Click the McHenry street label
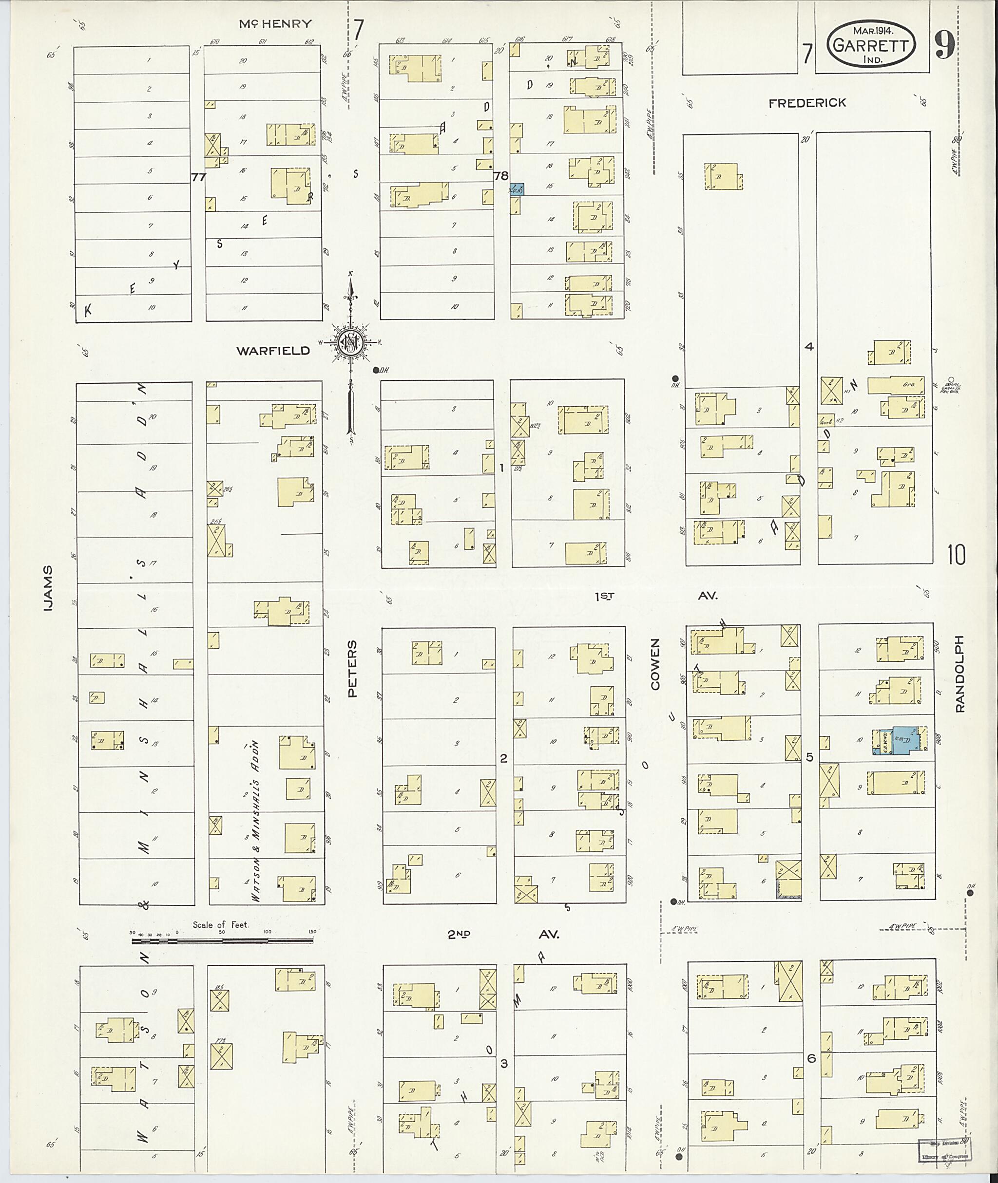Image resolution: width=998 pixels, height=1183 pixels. coord(275,24)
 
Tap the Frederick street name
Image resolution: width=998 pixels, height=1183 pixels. coord(807,103)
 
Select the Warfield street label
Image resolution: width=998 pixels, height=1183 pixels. coord(273,351)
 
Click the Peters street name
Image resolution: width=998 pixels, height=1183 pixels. coord(352,669)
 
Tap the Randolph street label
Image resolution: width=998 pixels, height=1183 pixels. coord(959,673)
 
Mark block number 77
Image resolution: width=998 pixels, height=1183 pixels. coord(198,177)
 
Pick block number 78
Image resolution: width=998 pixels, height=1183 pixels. coord(500,176)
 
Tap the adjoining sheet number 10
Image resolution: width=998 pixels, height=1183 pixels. coord(956,555)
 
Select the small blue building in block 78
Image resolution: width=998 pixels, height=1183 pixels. coord(517,189)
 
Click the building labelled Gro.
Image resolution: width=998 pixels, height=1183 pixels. coord(895,385)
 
